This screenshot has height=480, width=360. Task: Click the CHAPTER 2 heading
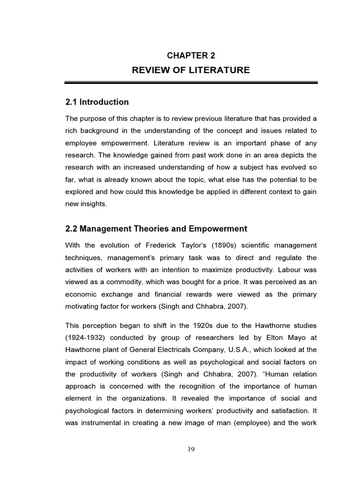[x=191, y=55]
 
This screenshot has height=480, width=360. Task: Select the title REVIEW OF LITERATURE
[x=191, y=70]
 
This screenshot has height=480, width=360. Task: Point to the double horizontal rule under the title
[x=191, y=83]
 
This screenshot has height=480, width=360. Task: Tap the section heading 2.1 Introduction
[x=97, y=102]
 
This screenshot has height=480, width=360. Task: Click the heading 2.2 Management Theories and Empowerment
[x=156, y=229]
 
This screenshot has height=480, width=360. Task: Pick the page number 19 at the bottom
[x=191, y=449]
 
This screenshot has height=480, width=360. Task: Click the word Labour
[x=292, y=270]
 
